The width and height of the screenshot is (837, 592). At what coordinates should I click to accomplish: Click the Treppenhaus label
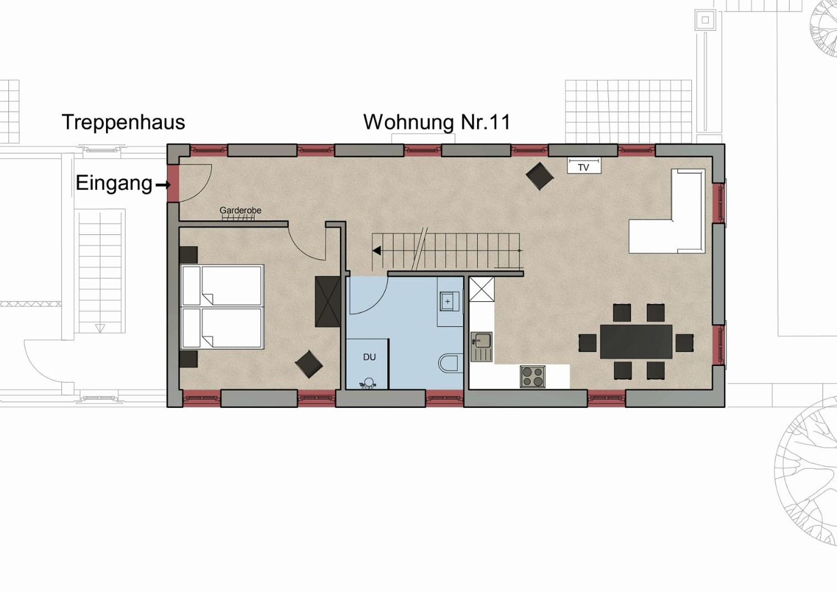coord(123,123)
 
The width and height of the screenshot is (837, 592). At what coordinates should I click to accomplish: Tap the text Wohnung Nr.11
coord(437,122)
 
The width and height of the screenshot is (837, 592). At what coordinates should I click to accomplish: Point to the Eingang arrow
coord(163,185)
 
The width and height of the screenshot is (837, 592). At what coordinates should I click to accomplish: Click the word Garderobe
coord(240,210)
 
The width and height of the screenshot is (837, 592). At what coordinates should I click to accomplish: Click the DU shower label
coord(369,357)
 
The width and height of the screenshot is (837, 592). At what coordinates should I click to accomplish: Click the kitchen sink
coord(481,346)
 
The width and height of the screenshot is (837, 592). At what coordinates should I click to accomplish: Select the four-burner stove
coord(533,377)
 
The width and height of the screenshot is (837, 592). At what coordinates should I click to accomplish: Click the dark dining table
coord(636,341)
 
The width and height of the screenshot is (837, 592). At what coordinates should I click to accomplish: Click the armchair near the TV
coord(540,176)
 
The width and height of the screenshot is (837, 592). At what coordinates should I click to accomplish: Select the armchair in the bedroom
coord(309,364)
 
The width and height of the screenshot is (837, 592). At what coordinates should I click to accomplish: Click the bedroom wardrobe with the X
coord(328,302)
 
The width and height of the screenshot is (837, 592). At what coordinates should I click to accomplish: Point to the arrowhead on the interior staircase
coord(377,251)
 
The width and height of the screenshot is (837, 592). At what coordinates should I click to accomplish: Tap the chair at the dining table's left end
coord(588,343)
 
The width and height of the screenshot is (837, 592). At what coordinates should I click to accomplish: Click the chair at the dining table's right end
coord(684,343)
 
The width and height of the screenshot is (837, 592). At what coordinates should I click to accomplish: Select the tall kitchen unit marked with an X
coord(482,289)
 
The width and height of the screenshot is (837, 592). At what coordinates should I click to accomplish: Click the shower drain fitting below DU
coord(368,383)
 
